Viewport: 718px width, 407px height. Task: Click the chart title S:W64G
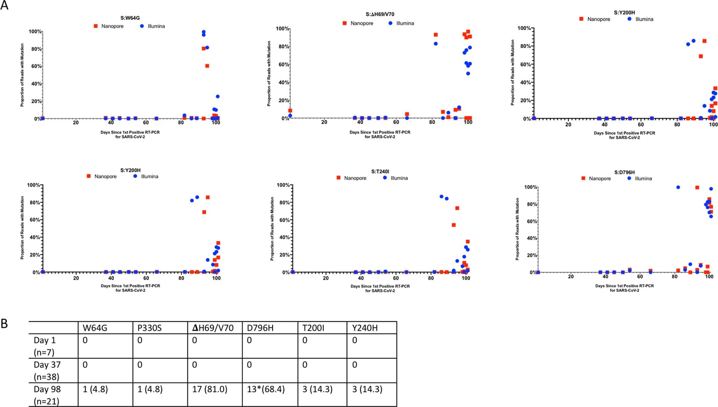click(130, 18)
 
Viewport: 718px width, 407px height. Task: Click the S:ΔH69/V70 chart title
click(380, 14)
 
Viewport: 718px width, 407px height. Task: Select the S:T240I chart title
click(380, 172)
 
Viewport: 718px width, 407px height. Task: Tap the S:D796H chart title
click(624, 172)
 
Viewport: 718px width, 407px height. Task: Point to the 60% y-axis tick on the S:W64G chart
click(36, 66)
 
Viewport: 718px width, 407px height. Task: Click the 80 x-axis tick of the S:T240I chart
click(431, 278)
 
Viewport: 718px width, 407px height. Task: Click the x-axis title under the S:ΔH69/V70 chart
click(380, 135)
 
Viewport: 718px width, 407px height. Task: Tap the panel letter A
click(4, 6)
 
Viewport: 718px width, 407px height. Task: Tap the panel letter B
click(4, 324)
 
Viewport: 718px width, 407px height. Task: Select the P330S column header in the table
click(149, 328)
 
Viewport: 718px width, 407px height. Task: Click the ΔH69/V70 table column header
click(213, 328)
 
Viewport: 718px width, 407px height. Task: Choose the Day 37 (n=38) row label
click(47, 370)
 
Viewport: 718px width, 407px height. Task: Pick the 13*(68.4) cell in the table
click(266, 389)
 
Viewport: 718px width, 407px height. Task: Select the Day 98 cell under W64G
click(95, 389)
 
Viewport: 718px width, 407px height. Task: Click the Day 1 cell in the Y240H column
click(354, 340)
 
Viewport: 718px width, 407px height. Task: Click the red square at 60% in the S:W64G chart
click(207, 66)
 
